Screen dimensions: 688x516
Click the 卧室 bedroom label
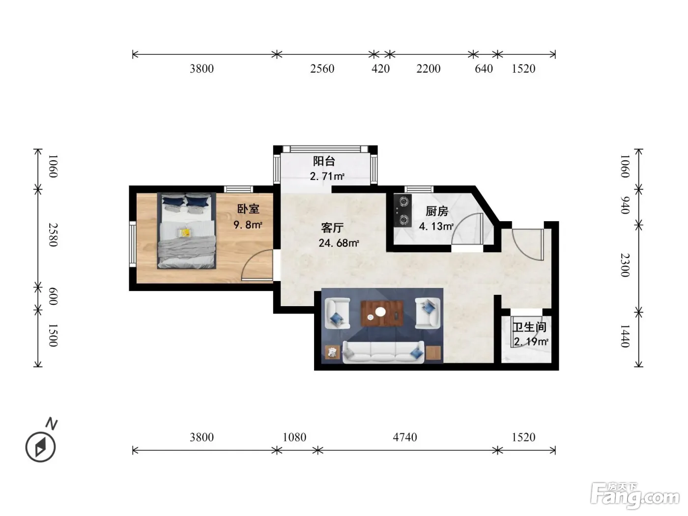coord(248,209)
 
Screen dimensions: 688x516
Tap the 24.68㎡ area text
coord(339,243)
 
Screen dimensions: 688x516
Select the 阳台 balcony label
coord(324,161)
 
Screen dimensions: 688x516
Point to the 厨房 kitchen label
coord(436,211)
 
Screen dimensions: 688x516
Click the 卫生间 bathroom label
coord(529,327)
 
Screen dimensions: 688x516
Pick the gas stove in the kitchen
coord(402,210)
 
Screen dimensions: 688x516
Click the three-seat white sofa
coord(383,352)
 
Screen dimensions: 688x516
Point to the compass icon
coord(41,447)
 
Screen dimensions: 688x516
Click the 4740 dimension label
coord(405,437)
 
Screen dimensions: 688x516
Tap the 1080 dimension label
coord(294,437)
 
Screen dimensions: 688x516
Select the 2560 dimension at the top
coord(322,69)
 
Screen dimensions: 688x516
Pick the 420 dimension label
coord(380,69)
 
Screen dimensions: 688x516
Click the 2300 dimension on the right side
coord(625,265)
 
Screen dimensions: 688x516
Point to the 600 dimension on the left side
coord(53,296)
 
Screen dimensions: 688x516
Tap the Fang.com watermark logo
coord(635,496)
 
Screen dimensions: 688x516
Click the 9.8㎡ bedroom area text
coord(248,225)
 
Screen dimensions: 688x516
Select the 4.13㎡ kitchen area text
coord(436,226)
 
